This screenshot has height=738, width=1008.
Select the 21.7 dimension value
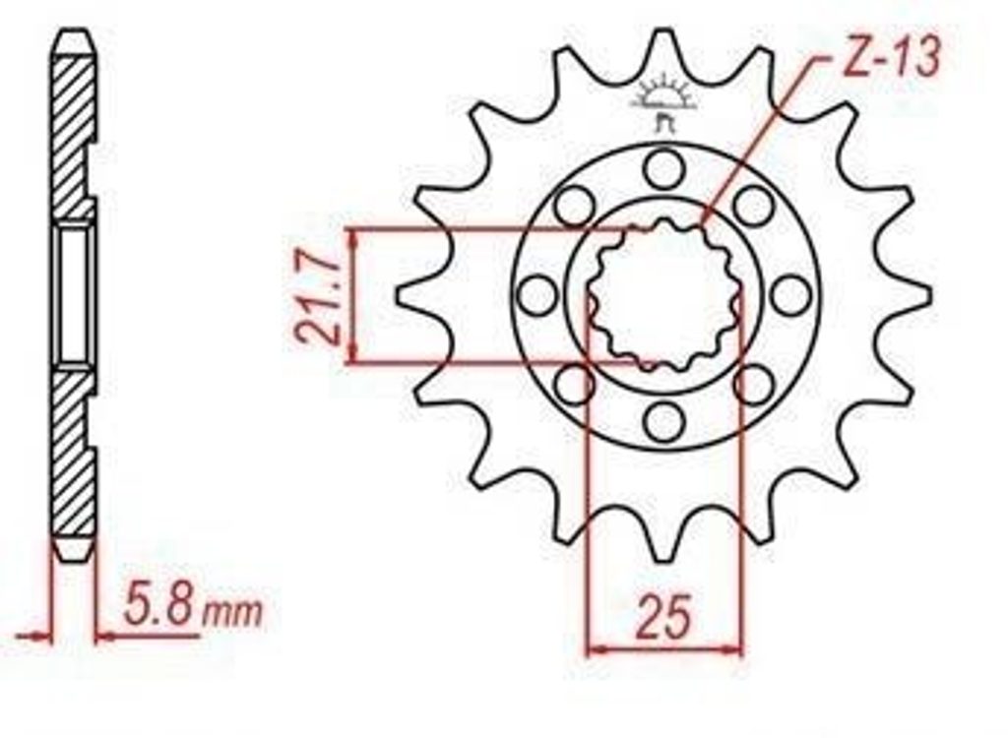316,296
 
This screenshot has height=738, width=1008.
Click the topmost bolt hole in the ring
664,166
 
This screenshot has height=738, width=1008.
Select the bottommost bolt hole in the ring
664,422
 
